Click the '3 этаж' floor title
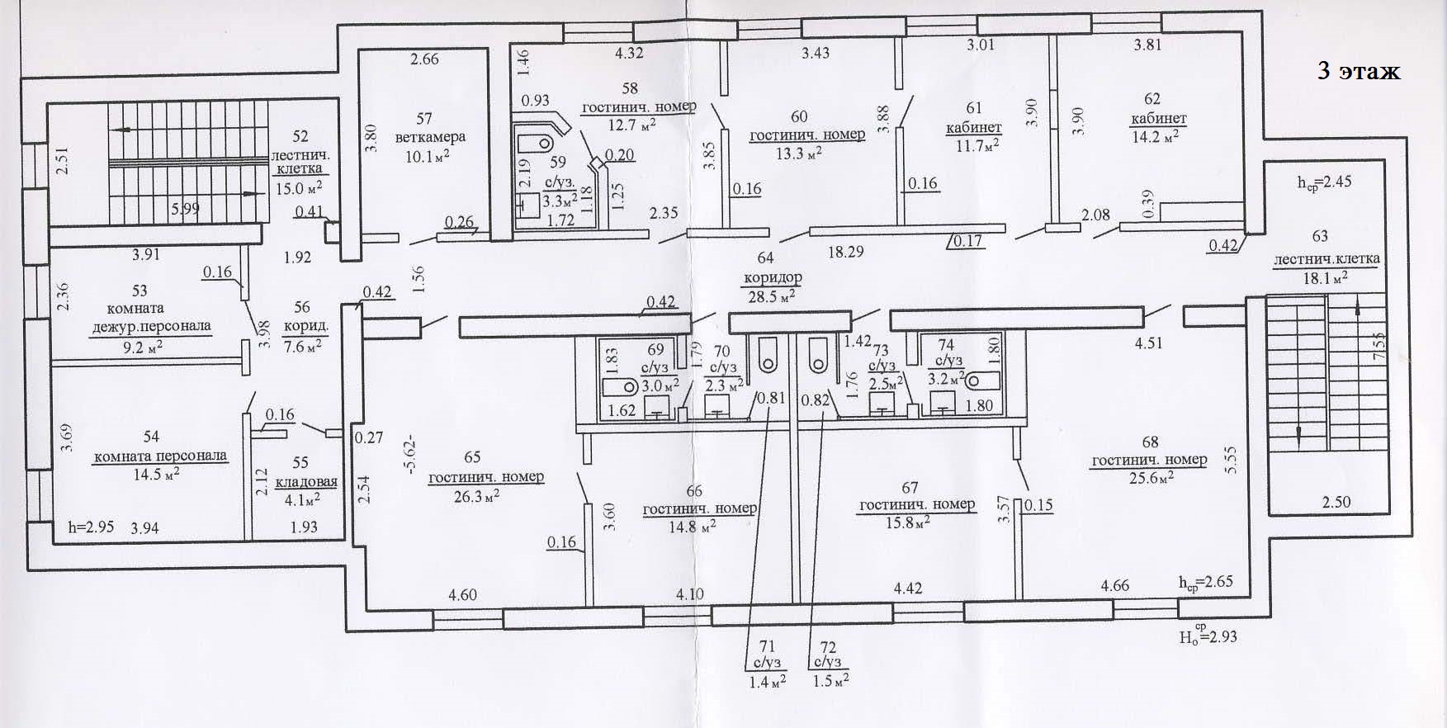pos(1359,71)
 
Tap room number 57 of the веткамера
pos(424,119)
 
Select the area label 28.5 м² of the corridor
pos(772,296)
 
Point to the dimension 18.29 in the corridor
pos(846,252)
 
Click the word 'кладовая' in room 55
pos(306,482)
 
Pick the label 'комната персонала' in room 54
pos(161,456)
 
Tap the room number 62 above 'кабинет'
pos(1152,99)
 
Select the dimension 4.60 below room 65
pos(463,594)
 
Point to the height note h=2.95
pos(91,527)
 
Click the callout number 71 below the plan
pos(767,646)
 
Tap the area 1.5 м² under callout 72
pos(831,681)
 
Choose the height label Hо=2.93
pos(1208,636)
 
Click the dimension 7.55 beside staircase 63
pos(1379,346)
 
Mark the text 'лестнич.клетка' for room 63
pos(1326,259)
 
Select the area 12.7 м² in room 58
pos(632,125)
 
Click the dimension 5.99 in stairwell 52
pos(185,209)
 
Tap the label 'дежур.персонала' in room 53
pos(150,325)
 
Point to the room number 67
pos(910,488)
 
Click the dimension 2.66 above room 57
pos(425,59)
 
